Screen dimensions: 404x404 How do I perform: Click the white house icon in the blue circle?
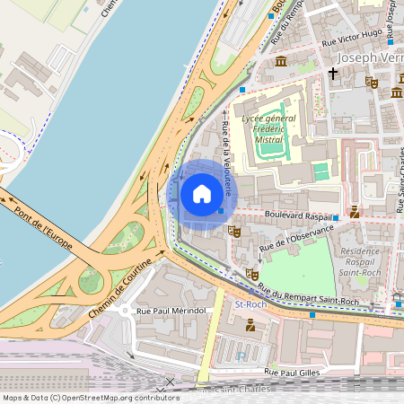(202, 193)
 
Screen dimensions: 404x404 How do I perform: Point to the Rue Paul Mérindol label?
(171, 311)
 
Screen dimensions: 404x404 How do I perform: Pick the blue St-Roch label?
(250, 305)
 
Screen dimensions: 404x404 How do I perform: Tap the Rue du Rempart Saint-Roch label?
(308, 294)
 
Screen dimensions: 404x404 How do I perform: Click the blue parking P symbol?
(241, 356)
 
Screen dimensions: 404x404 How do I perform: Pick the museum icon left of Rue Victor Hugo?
(281, 61)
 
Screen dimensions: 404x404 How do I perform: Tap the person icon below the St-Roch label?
(250, 326)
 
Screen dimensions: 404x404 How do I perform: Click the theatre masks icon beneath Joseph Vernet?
(372, 82)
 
